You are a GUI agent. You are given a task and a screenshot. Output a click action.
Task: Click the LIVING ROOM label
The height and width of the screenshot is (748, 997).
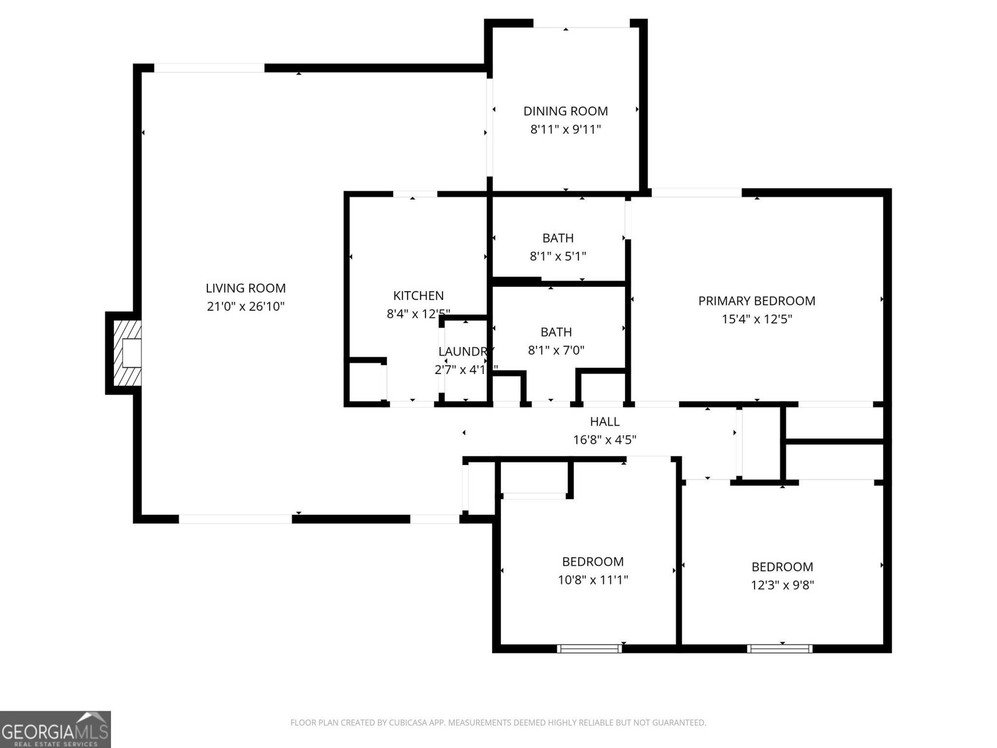point(246,288)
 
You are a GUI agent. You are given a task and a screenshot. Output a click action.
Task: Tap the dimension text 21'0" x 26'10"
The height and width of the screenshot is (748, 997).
point(246,307)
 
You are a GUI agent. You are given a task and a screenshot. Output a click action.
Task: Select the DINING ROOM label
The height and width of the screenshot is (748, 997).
point(565,111)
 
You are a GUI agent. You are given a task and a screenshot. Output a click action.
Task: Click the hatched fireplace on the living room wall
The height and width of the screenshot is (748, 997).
point(124,354)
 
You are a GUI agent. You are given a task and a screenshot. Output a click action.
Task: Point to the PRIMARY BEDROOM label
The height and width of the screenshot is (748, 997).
point(756,301)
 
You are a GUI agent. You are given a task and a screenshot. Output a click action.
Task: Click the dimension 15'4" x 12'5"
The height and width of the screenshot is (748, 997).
point(756,319)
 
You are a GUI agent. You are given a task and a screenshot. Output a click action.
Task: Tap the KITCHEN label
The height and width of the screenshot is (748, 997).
point(418,295)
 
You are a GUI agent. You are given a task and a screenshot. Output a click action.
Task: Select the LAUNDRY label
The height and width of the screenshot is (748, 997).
point(464,352)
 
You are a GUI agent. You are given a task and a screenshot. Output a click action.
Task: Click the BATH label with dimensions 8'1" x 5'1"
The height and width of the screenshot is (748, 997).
point(558,238)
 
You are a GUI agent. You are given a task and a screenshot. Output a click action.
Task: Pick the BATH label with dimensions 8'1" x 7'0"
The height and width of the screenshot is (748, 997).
point(556,332)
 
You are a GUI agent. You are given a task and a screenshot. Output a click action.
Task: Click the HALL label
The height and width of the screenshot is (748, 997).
point(604,422)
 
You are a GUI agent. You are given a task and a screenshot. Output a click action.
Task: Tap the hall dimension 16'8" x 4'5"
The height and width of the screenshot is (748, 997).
point(604,440)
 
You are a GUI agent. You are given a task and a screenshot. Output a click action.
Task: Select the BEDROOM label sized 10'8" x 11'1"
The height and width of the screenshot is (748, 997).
point(593,562)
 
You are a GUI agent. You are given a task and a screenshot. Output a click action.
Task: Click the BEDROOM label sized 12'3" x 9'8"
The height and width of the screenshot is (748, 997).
point(782,567)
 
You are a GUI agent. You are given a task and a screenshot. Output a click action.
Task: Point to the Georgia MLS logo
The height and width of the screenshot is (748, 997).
point(55,729)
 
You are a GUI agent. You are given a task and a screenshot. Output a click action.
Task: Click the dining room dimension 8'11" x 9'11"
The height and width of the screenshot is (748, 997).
point(565,130)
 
